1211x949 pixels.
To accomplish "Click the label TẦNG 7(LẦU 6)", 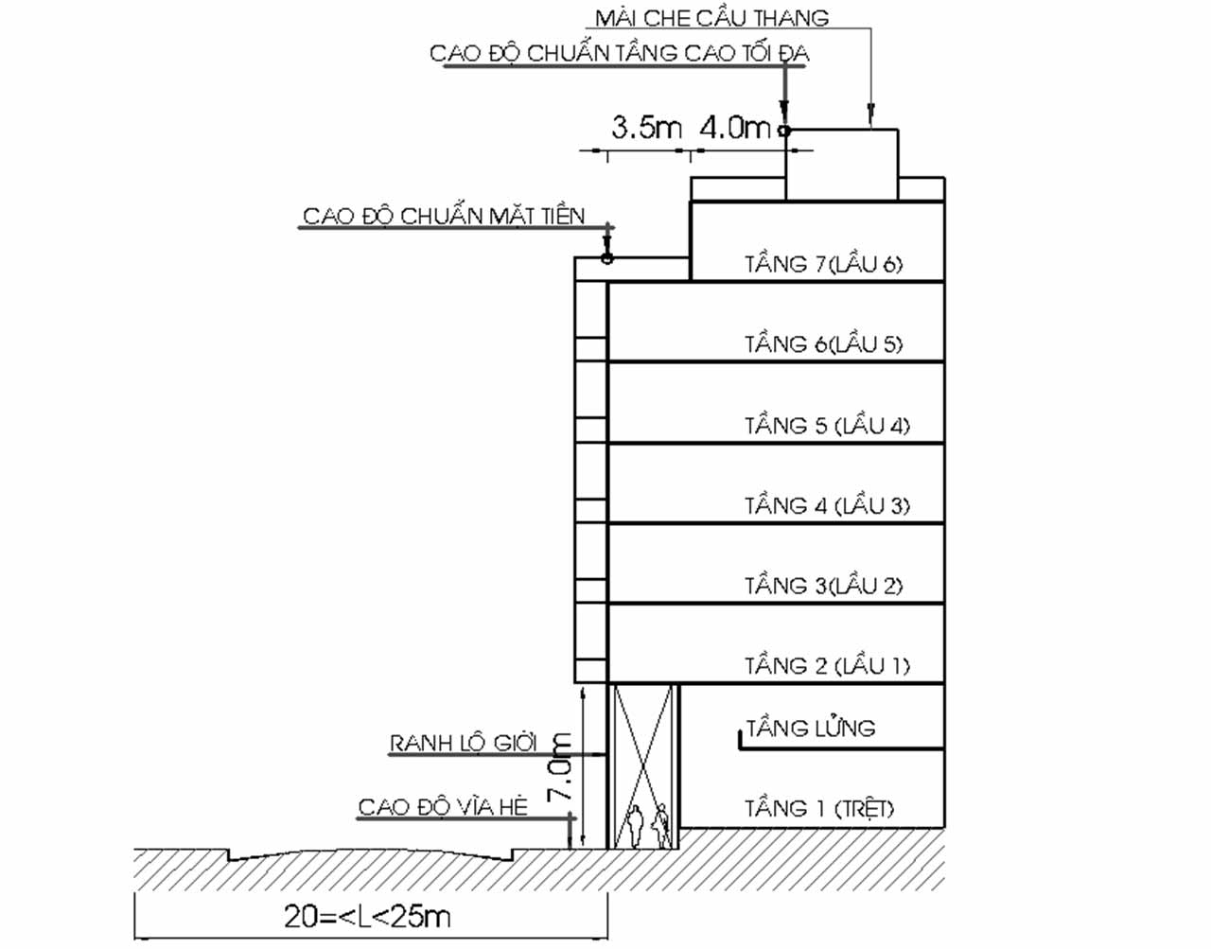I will (x=823, y=264).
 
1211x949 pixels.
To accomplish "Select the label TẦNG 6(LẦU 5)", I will (x=823, y=343).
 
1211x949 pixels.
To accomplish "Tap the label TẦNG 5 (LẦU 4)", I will (x=827, y=425).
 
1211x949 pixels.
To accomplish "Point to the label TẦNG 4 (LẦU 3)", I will (x=827, y=505).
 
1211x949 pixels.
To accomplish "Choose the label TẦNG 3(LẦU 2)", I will (x=823, y=586).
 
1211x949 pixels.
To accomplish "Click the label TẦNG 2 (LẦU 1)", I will (x=827, y=666).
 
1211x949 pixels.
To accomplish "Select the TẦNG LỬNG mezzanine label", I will (x=811, y=728).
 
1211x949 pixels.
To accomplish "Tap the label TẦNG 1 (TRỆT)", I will (x=818, y=808).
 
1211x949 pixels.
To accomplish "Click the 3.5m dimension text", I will (x=646, y=127).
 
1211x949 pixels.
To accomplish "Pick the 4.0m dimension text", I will (x=735, y=127).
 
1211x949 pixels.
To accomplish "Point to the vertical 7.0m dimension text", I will (x=561, y=766).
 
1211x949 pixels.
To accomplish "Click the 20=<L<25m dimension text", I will (x=367, y=916).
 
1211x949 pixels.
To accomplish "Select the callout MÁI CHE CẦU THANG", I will (x=711, y=18).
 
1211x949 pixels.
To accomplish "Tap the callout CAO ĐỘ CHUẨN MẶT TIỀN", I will (x=444, y=216).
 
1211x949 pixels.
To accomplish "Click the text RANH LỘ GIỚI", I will (x=464, y=743).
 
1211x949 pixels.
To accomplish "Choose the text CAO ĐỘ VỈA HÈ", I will (x=442, y=807).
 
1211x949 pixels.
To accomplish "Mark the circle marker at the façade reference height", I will (x=607, y=257).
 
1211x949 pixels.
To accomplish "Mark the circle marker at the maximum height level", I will (x=784, y=131).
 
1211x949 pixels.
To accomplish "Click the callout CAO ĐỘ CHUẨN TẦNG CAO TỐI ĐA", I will (x=619, y=53).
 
